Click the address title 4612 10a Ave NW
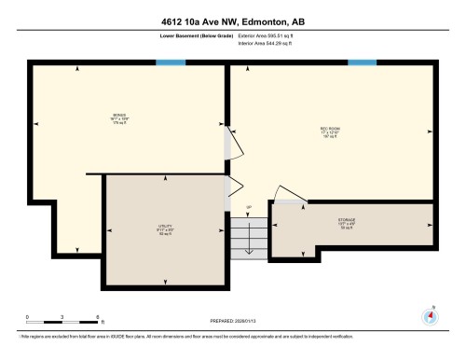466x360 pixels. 232,20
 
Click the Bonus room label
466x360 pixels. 119,119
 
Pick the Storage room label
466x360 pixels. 347,223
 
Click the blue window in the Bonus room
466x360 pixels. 171,62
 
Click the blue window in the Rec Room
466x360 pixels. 361,62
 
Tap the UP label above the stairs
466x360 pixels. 249,207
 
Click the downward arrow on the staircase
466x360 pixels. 249,238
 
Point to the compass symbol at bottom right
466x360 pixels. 430,315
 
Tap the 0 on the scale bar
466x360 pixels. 28,317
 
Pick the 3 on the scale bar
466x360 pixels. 62,317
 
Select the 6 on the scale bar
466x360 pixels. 98,317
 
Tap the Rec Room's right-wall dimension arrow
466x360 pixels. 430,132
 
